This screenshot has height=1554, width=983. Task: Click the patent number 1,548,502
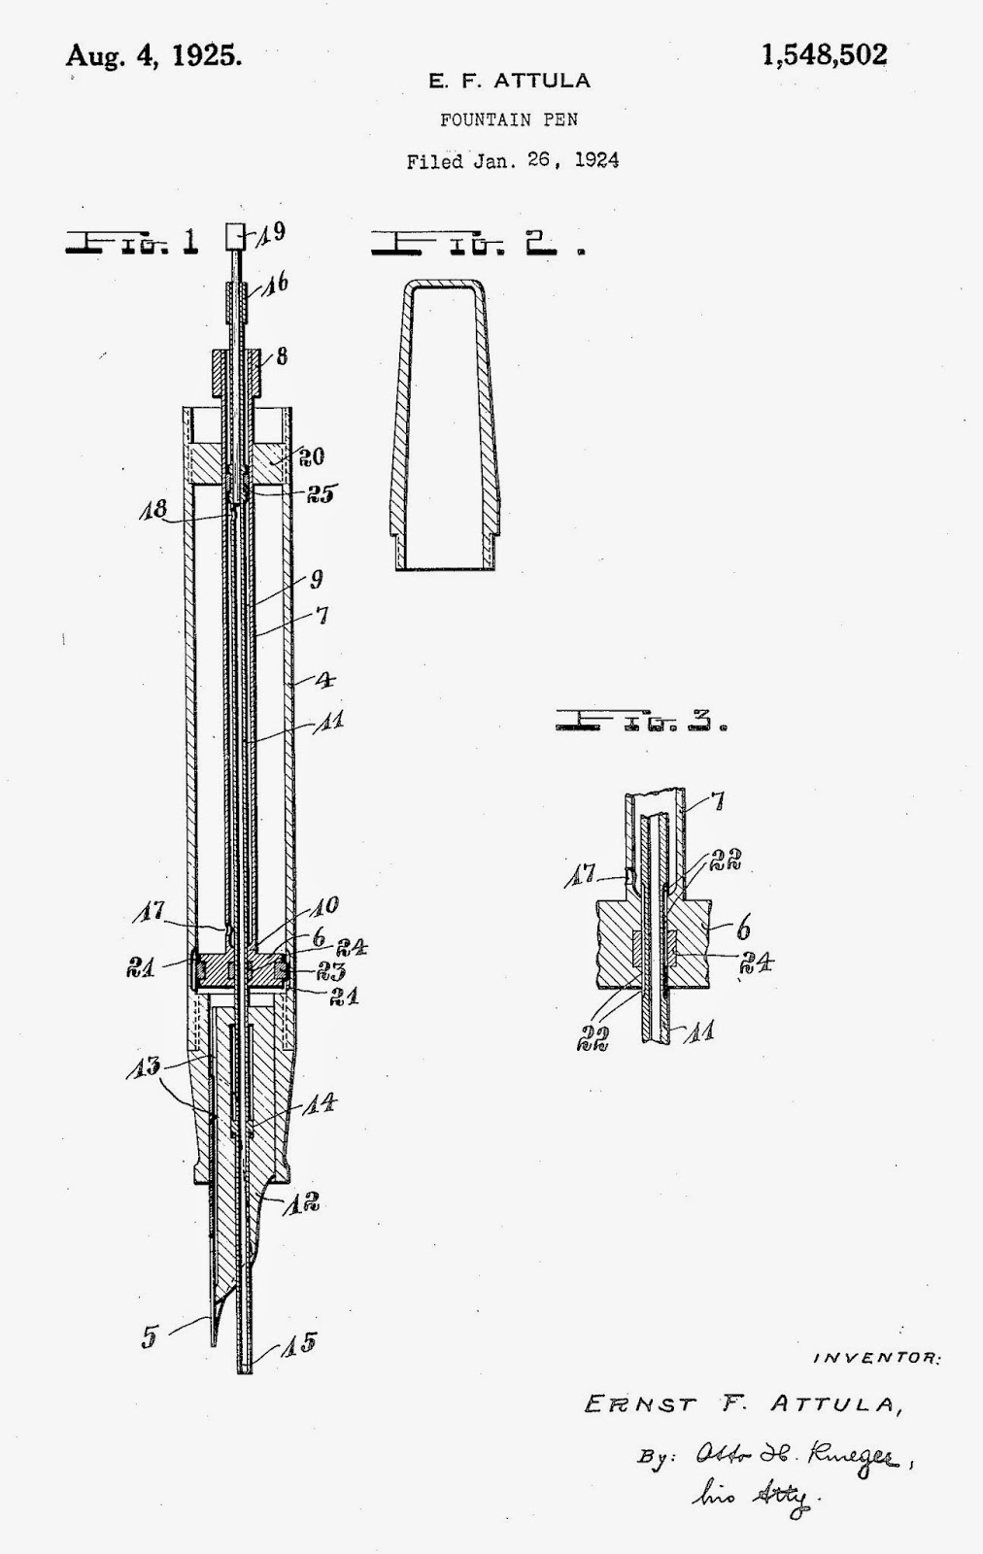[824, 55]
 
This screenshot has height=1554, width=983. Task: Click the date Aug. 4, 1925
[153, 55]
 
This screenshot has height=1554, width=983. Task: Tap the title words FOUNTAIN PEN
[509, 120]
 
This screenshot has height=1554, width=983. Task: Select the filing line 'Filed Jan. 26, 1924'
[512, 160]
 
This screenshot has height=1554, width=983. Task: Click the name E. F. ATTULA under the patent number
[509, 82]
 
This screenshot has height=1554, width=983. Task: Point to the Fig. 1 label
[131, 241]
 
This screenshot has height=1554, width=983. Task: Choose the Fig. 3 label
[641, 722]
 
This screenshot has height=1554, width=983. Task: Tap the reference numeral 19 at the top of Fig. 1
[273, 233]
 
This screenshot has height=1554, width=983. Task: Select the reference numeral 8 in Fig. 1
[281, 356]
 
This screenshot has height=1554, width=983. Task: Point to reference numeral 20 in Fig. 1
[311, 456]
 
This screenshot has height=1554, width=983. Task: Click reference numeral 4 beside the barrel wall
[325, 679]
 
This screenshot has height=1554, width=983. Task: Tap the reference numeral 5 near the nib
[149, 1337]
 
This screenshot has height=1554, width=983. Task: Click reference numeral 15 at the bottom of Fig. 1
[299, 1345]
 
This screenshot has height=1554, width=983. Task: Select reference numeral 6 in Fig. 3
[743, 929]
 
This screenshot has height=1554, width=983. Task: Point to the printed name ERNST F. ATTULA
[738, 1404]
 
